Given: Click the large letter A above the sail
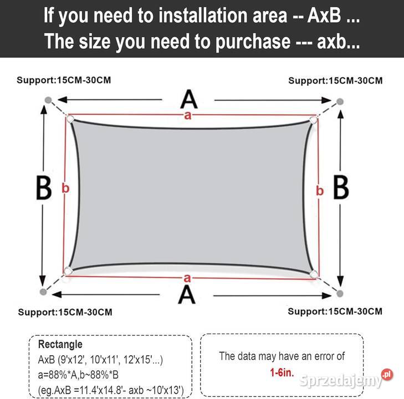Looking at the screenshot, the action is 189,99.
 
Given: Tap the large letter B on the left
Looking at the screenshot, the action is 44,187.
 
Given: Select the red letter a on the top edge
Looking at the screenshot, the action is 188,116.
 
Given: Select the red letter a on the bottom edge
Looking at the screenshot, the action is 187,278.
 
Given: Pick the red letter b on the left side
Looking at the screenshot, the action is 65,188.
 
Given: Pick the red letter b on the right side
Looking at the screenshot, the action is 320,191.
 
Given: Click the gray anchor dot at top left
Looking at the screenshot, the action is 48,100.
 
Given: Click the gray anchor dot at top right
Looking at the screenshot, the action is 340,101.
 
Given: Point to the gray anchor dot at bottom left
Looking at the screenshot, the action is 43,291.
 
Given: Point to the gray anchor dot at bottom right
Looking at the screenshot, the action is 340,293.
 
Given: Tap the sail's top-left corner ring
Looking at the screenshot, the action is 70,119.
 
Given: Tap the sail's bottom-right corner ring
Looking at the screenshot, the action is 314,274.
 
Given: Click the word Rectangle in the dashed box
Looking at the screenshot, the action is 60,344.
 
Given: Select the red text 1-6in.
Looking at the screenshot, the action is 282,372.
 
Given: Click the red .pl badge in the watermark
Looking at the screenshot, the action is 387,374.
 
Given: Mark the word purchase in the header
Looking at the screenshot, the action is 253,42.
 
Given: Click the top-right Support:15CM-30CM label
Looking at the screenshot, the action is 335,80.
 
